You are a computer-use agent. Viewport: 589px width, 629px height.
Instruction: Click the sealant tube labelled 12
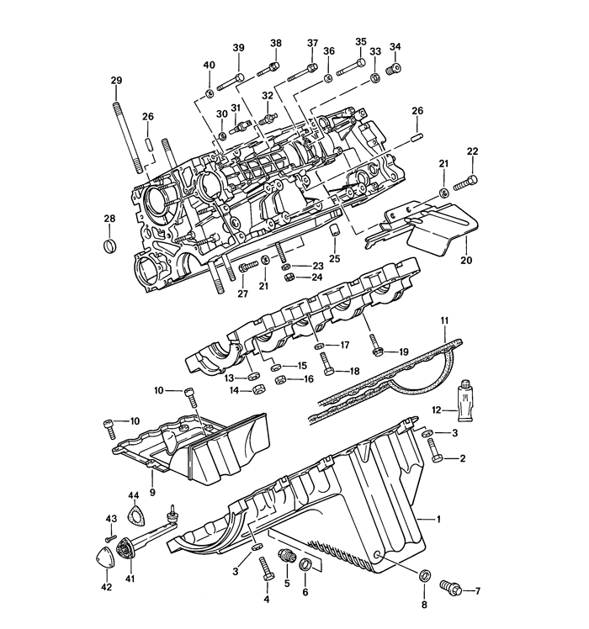(464, 400)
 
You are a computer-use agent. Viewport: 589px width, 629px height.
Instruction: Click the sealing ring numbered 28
(109, 246)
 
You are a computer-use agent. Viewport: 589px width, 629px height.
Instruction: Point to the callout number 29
(116, 80)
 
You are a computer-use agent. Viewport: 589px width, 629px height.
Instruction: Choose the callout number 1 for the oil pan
(439, 519)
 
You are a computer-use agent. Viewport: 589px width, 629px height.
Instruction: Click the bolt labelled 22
(466, 182)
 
